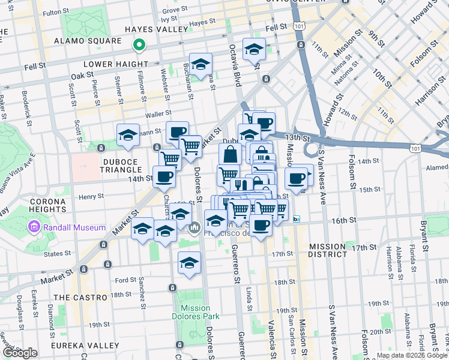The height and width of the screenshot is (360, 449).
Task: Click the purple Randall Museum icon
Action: click(x=34, y=228)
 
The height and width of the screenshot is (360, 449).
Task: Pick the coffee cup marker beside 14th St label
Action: click(x=164, y=176)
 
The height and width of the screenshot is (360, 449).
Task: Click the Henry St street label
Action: click(x=92, y=196)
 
